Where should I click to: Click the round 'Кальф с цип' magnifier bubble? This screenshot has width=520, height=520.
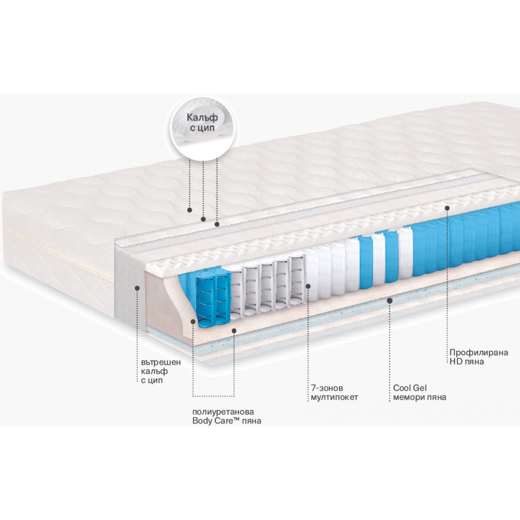click(203, 128)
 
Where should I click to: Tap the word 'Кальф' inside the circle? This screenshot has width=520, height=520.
click(202, 118)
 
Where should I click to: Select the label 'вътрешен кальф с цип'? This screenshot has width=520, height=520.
click(161, 371)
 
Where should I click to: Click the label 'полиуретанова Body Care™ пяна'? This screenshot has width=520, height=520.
click(227, 416)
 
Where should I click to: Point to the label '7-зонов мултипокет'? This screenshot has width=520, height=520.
click(334, 392)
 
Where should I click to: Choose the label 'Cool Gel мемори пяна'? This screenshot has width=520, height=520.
click(419, 392)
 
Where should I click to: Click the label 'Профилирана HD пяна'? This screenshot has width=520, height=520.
click(479, 357)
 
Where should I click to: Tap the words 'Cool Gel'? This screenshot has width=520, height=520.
click(410, 388)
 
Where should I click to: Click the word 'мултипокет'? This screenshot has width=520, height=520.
click(334, 397)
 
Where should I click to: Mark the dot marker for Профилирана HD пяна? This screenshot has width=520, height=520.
click(447, 208)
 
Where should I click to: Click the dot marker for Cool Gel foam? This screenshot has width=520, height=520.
click(390, 301)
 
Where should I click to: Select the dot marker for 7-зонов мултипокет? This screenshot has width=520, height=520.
click(308, 286)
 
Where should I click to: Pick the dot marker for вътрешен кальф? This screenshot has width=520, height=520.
click(137, 288)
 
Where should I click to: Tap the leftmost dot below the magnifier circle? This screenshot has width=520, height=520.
click(190, 210)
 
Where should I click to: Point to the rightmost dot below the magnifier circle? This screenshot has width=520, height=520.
click(217, 224)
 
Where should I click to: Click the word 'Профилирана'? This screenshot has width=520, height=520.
click(479, 353)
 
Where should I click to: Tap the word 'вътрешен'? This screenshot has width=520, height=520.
click(161, 362)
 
